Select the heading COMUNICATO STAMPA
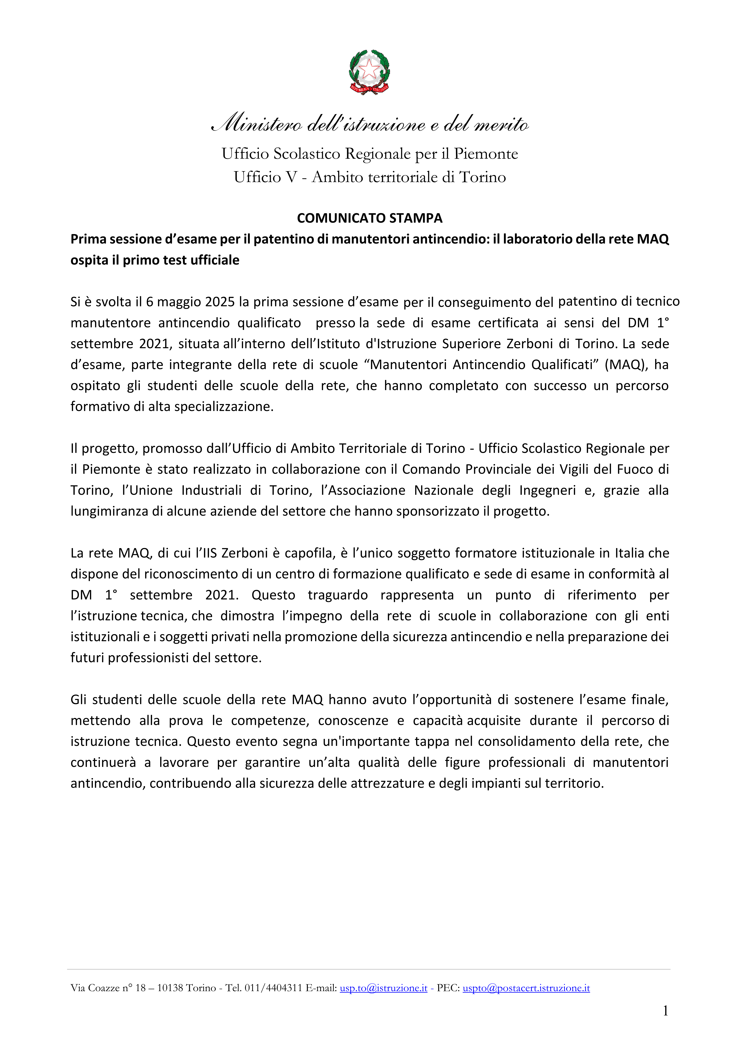pyautogui.click(x=370, y=218)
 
